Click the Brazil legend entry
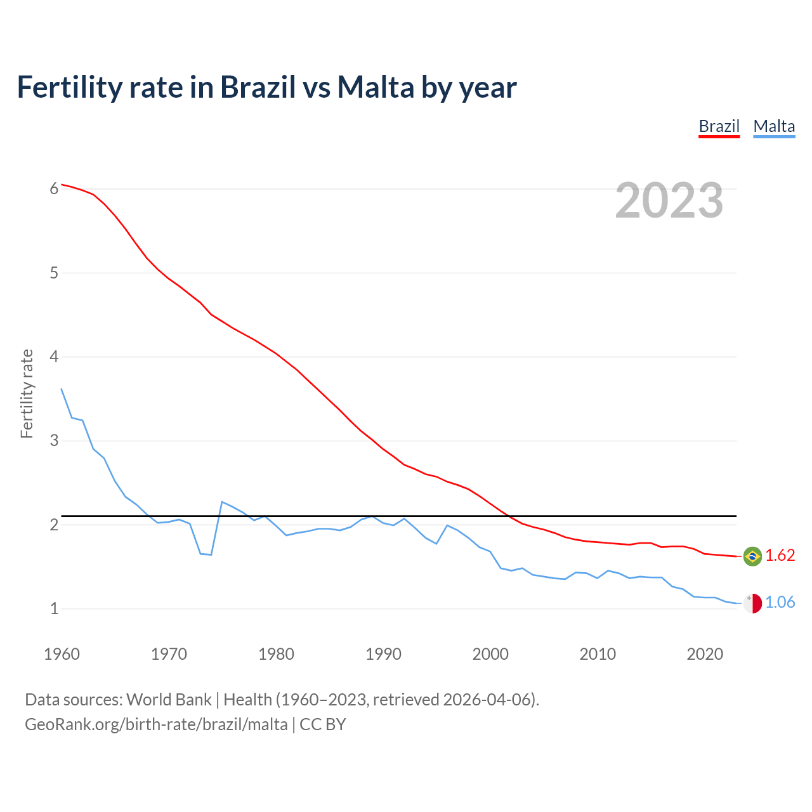719,126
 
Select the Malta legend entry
774,126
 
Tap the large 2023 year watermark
669,200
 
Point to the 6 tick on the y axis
54,188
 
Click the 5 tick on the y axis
54,273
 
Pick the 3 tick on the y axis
54,440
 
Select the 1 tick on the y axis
54,608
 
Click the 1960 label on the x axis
62,654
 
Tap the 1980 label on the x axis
276,654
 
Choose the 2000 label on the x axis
490,654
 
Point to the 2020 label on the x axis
705,654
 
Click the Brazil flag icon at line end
752,556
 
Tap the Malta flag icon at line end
752,603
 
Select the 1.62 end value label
780,556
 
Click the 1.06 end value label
780,603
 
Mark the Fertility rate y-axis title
27,393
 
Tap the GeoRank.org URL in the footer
156,724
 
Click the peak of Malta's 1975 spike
222,502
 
